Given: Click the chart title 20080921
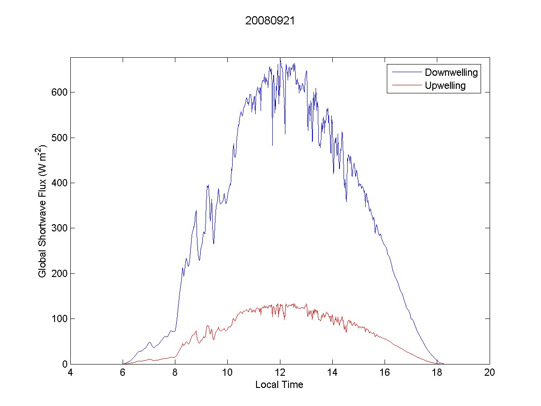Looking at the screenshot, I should coord(270,21).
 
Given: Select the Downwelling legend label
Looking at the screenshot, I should coord(451,72).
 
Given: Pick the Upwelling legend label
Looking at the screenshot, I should coord(445,85).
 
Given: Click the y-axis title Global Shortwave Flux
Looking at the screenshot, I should coord(42,211).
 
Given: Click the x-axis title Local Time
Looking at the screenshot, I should coord(279,385).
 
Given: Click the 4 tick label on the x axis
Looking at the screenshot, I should coord(70,373).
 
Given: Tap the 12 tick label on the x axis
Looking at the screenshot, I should coord(280,373).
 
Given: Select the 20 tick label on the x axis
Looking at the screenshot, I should coord(489,373).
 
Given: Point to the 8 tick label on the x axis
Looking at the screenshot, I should coord(175,373).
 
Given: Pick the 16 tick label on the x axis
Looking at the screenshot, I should coord(385,373).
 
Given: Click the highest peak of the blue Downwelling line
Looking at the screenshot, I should coord(280,59).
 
